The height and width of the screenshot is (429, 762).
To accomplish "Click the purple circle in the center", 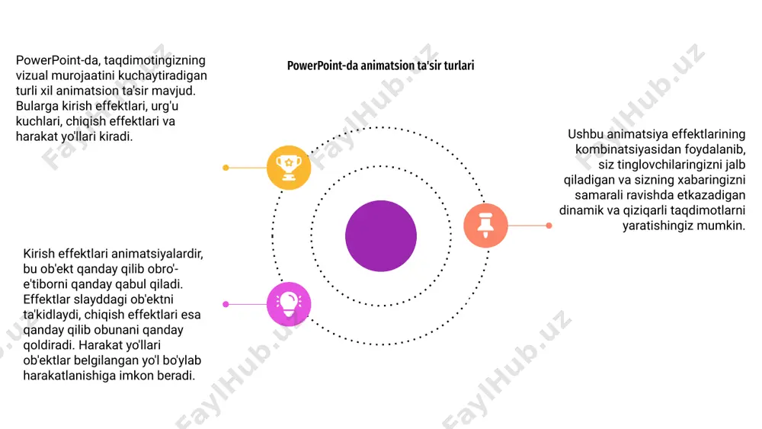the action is point(381,236).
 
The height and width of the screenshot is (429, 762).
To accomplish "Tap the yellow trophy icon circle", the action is point(289,168).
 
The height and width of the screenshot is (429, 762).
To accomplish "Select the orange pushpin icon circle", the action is point(485,226).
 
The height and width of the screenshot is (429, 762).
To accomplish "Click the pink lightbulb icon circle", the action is point(289,304).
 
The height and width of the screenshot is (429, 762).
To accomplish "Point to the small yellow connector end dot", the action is point(226,168).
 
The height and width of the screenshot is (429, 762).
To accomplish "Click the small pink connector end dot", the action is point(226,304).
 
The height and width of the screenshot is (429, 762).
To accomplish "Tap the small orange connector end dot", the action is point(549,226).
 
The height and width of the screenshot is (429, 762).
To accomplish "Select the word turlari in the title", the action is point(459,66).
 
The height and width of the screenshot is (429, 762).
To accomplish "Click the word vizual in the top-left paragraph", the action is point(31,75).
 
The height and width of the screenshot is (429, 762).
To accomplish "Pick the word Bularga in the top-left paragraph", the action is point(37,107).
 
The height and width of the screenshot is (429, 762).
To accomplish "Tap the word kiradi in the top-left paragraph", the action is point(116,136).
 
